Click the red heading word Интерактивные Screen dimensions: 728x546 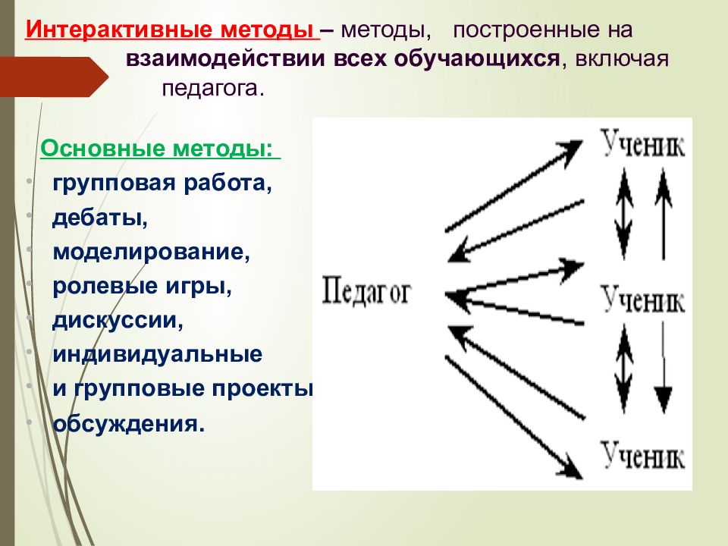[x=119, y=30]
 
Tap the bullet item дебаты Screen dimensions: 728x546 [x=100, y=218]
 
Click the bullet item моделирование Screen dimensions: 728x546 [x=152, y=252]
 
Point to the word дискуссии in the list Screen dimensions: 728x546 [x=118, y=320]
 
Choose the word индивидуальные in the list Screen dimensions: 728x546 [x=158, y=354]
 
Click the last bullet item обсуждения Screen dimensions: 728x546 [x=129, y=423]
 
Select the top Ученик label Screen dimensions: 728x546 [x=643, y=143]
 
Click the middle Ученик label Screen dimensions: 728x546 [x=643, y=300]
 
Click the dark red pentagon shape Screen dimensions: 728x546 [x=54, y=77]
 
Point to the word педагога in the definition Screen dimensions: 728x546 [x=212, y=88]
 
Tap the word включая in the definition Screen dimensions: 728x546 [x=622, y=59]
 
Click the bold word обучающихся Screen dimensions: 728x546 [x=477, y=59]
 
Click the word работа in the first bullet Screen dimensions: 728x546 [x=227, y=183]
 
